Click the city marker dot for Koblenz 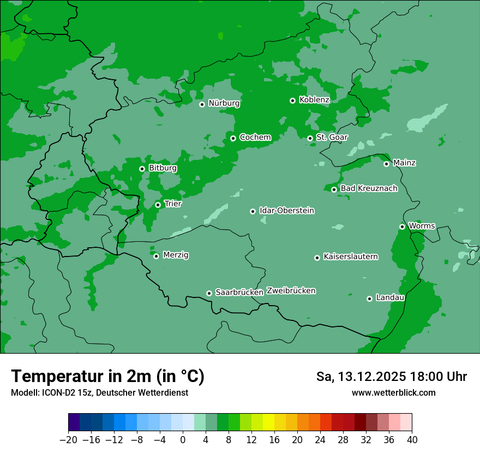[x=293, y=100]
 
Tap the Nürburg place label [x=224, y=103]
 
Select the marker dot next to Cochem [x=233, y=138]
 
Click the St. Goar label [x=332, y=137]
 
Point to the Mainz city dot [x=386, y=164]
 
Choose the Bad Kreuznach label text [x=369, y=188]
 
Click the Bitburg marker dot [x=142, y=169]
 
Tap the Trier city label [x=172, y=204]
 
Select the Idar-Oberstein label [x=286, y=210]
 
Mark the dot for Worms [x=402, y=226]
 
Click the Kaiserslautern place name [x=350, y=257]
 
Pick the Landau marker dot [x=369, y=299]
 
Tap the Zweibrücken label [x=291, y=291]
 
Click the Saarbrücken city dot [x=209, y=293]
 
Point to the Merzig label [x=176, y=255]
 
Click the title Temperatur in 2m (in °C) [x=107, y=376]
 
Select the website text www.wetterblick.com [x=393, y=392]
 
